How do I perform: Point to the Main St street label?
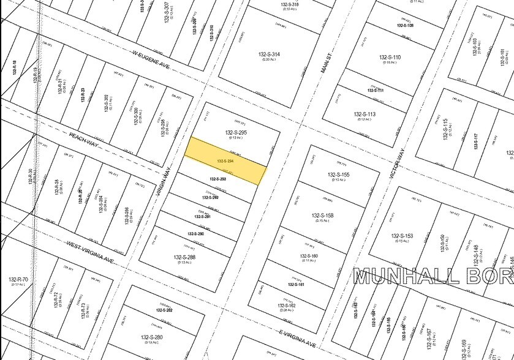coord(325,62)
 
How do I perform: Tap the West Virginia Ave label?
coord(91,252)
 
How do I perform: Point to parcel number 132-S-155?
coord(338,174)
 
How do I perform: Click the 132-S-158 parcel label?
coord(322,216)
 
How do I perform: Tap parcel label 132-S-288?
coord(185,257)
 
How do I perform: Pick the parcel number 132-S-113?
coord(365,114)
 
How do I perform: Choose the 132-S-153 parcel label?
coord(402,236)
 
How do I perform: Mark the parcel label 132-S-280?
coord(152,337)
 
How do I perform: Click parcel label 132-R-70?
coord(19,280)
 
